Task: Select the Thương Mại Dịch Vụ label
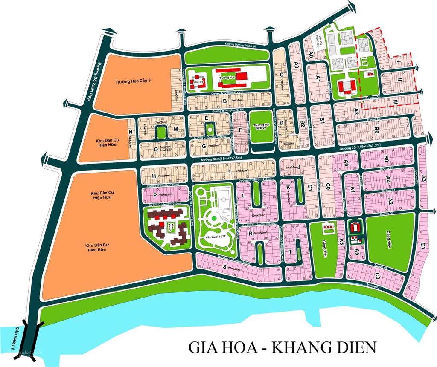tap(260, 126)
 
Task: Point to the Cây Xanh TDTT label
tap(212, 237)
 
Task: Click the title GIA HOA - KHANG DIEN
tap(282, 347)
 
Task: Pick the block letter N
tap(131, 132)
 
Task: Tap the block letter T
tap(290, 251)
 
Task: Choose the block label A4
tap(388, 179)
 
